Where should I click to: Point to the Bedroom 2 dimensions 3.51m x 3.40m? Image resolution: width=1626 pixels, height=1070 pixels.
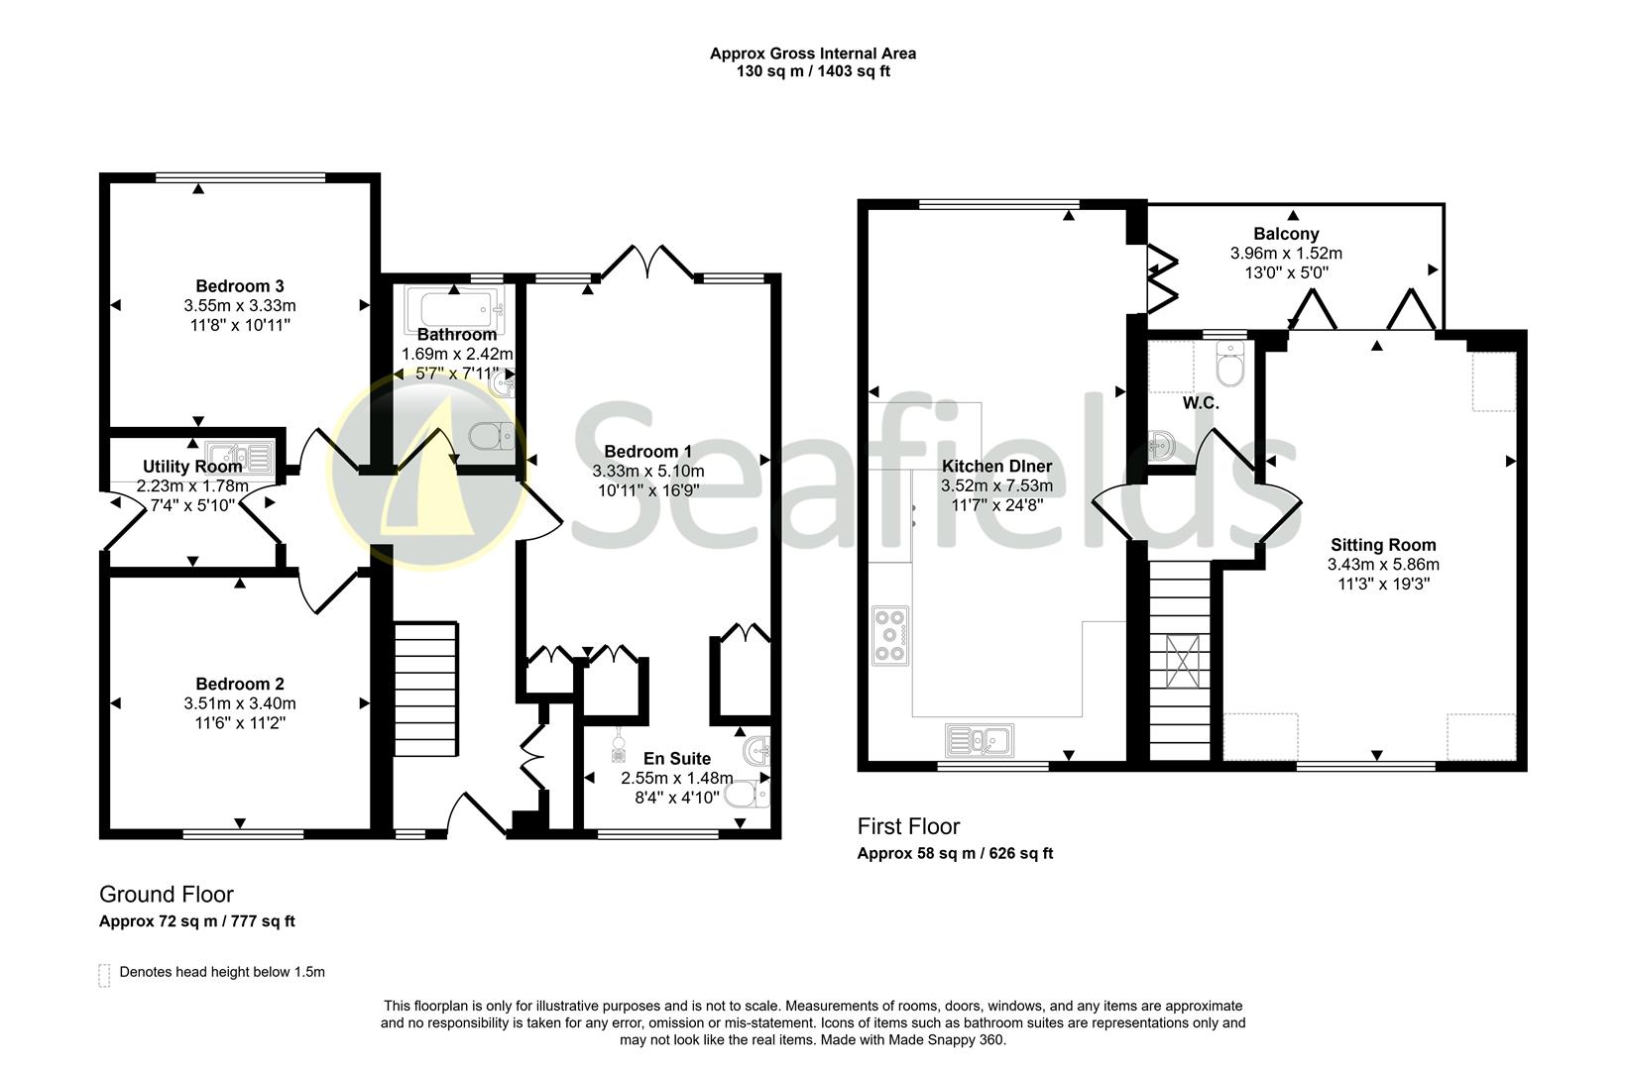tap(239, 703)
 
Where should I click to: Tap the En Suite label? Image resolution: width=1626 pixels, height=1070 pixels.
tap(677, 759)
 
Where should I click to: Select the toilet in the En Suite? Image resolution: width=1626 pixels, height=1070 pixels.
tap(746, 795)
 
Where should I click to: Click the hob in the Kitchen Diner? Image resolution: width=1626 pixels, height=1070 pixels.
tap(889, 634)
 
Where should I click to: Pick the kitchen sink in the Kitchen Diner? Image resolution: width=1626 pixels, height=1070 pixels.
tap(978, 739)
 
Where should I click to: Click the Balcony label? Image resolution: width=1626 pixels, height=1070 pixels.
tap(1286, 234)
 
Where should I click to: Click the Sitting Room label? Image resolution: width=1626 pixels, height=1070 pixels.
tap(1383, 545)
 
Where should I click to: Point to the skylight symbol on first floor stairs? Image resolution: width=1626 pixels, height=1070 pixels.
tap(1181, 660)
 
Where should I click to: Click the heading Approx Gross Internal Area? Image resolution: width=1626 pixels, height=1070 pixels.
tap(812, 53)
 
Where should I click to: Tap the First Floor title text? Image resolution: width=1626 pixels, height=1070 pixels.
tap(908, 826)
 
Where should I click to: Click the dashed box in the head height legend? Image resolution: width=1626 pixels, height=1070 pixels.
tap(104, 974)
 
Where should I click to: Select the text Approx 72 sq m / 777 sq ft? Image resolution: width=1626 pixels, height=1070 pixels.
tap(197, 921)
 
